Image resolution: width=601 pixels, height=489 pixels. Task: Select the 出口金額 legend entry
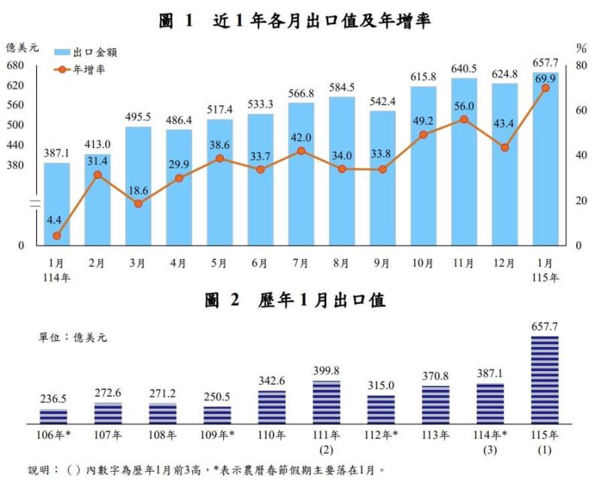tap(85, 53)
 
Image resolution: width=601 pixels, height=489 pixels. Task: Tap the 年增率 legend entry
tap(85, 69)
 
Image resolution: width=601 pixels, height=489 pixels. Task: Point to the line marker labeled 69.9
tap(545, 88)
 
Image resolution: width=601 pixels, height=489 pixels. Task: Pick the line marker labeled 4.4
tap(56, 236)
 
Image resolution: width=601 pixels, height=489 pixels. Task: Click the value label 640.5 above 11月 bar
tap(464, 68)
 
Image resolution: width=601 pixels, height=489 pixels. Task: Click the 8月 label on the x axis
tap(341, 263)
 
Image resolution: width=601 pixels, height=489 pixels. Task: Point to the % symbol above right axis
tap(581, 48)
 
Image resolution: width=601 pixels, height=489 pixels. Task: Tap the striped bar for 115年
tap(545, 380)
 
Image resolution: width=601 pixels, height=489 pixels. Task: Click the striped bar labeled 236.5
tap(53, 417)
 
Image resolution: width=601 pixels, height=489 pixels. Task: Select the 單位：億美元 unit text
tap(73, 337)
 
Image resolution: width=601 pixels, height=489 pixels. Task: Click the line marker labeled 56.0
tap(464, 119)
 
